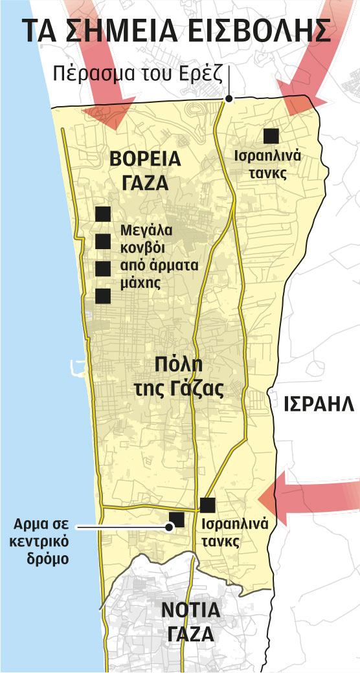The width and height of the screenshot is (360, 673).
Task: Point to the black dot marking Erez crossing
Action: point(228,99)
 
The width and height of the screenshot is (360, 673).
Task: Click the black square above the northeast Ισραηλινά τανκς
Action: point(271,135)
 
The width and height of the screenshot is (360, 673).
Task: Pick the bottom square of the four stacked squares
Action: point(102,296)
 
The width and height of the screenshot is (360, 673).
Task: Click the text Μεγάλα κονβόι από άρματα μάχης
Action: point(159,257)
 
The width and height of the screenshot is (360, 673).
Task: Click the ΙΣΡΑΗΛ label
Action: point(319,405)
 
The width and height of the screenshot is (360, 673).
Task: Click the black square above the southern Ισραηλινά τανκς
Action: point(208,505)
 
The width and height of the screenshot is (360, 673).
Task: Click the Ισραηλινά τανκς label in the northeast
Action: point(271,164)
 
